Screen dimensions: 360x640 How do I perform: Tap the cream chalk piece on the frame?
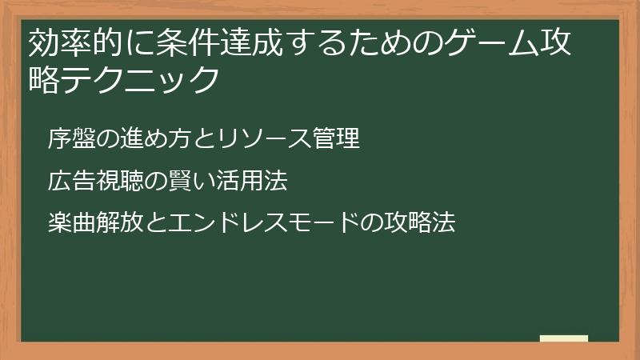(x=564, y=338)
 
